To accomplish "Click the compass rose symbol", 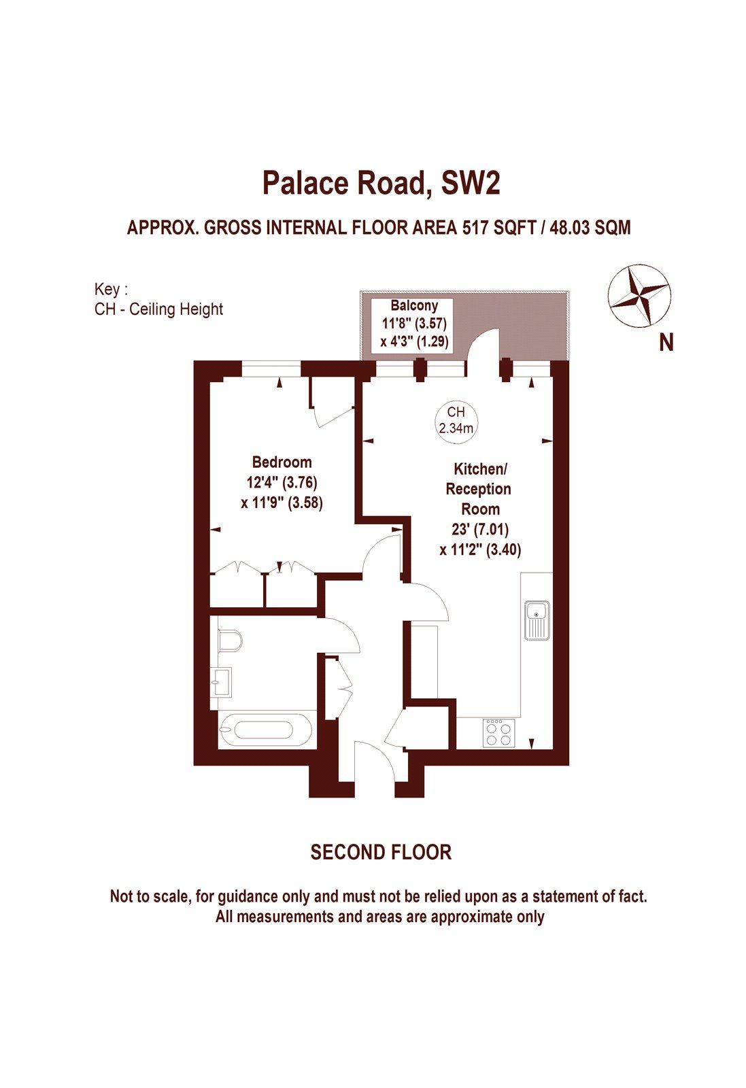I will pos(639,296).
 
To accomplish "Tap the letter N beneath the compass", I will pos(666,343).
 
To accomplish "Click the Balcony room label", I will pos(414,306).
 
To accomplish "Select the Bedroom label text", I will pos(282,462).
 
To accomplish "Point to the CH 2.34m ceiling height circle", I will pos(456,420).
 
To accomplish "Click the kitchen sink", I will pos(537,619).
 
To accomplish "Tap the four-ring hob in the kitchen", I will pos(499,732).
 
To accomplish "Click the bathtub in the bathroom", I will pos(266,731).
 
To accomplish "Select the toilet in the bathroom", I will pos(230,640).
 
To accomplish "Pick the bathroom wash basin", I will pos(221,680).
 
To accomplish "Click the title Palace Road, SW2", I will pos(381,184).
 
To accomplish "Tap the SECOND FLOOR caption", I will pos(381,852).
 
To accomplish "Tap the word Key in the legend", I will pos(107,289).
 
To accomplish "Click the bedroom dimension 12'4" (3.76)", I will pos(282,483).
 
